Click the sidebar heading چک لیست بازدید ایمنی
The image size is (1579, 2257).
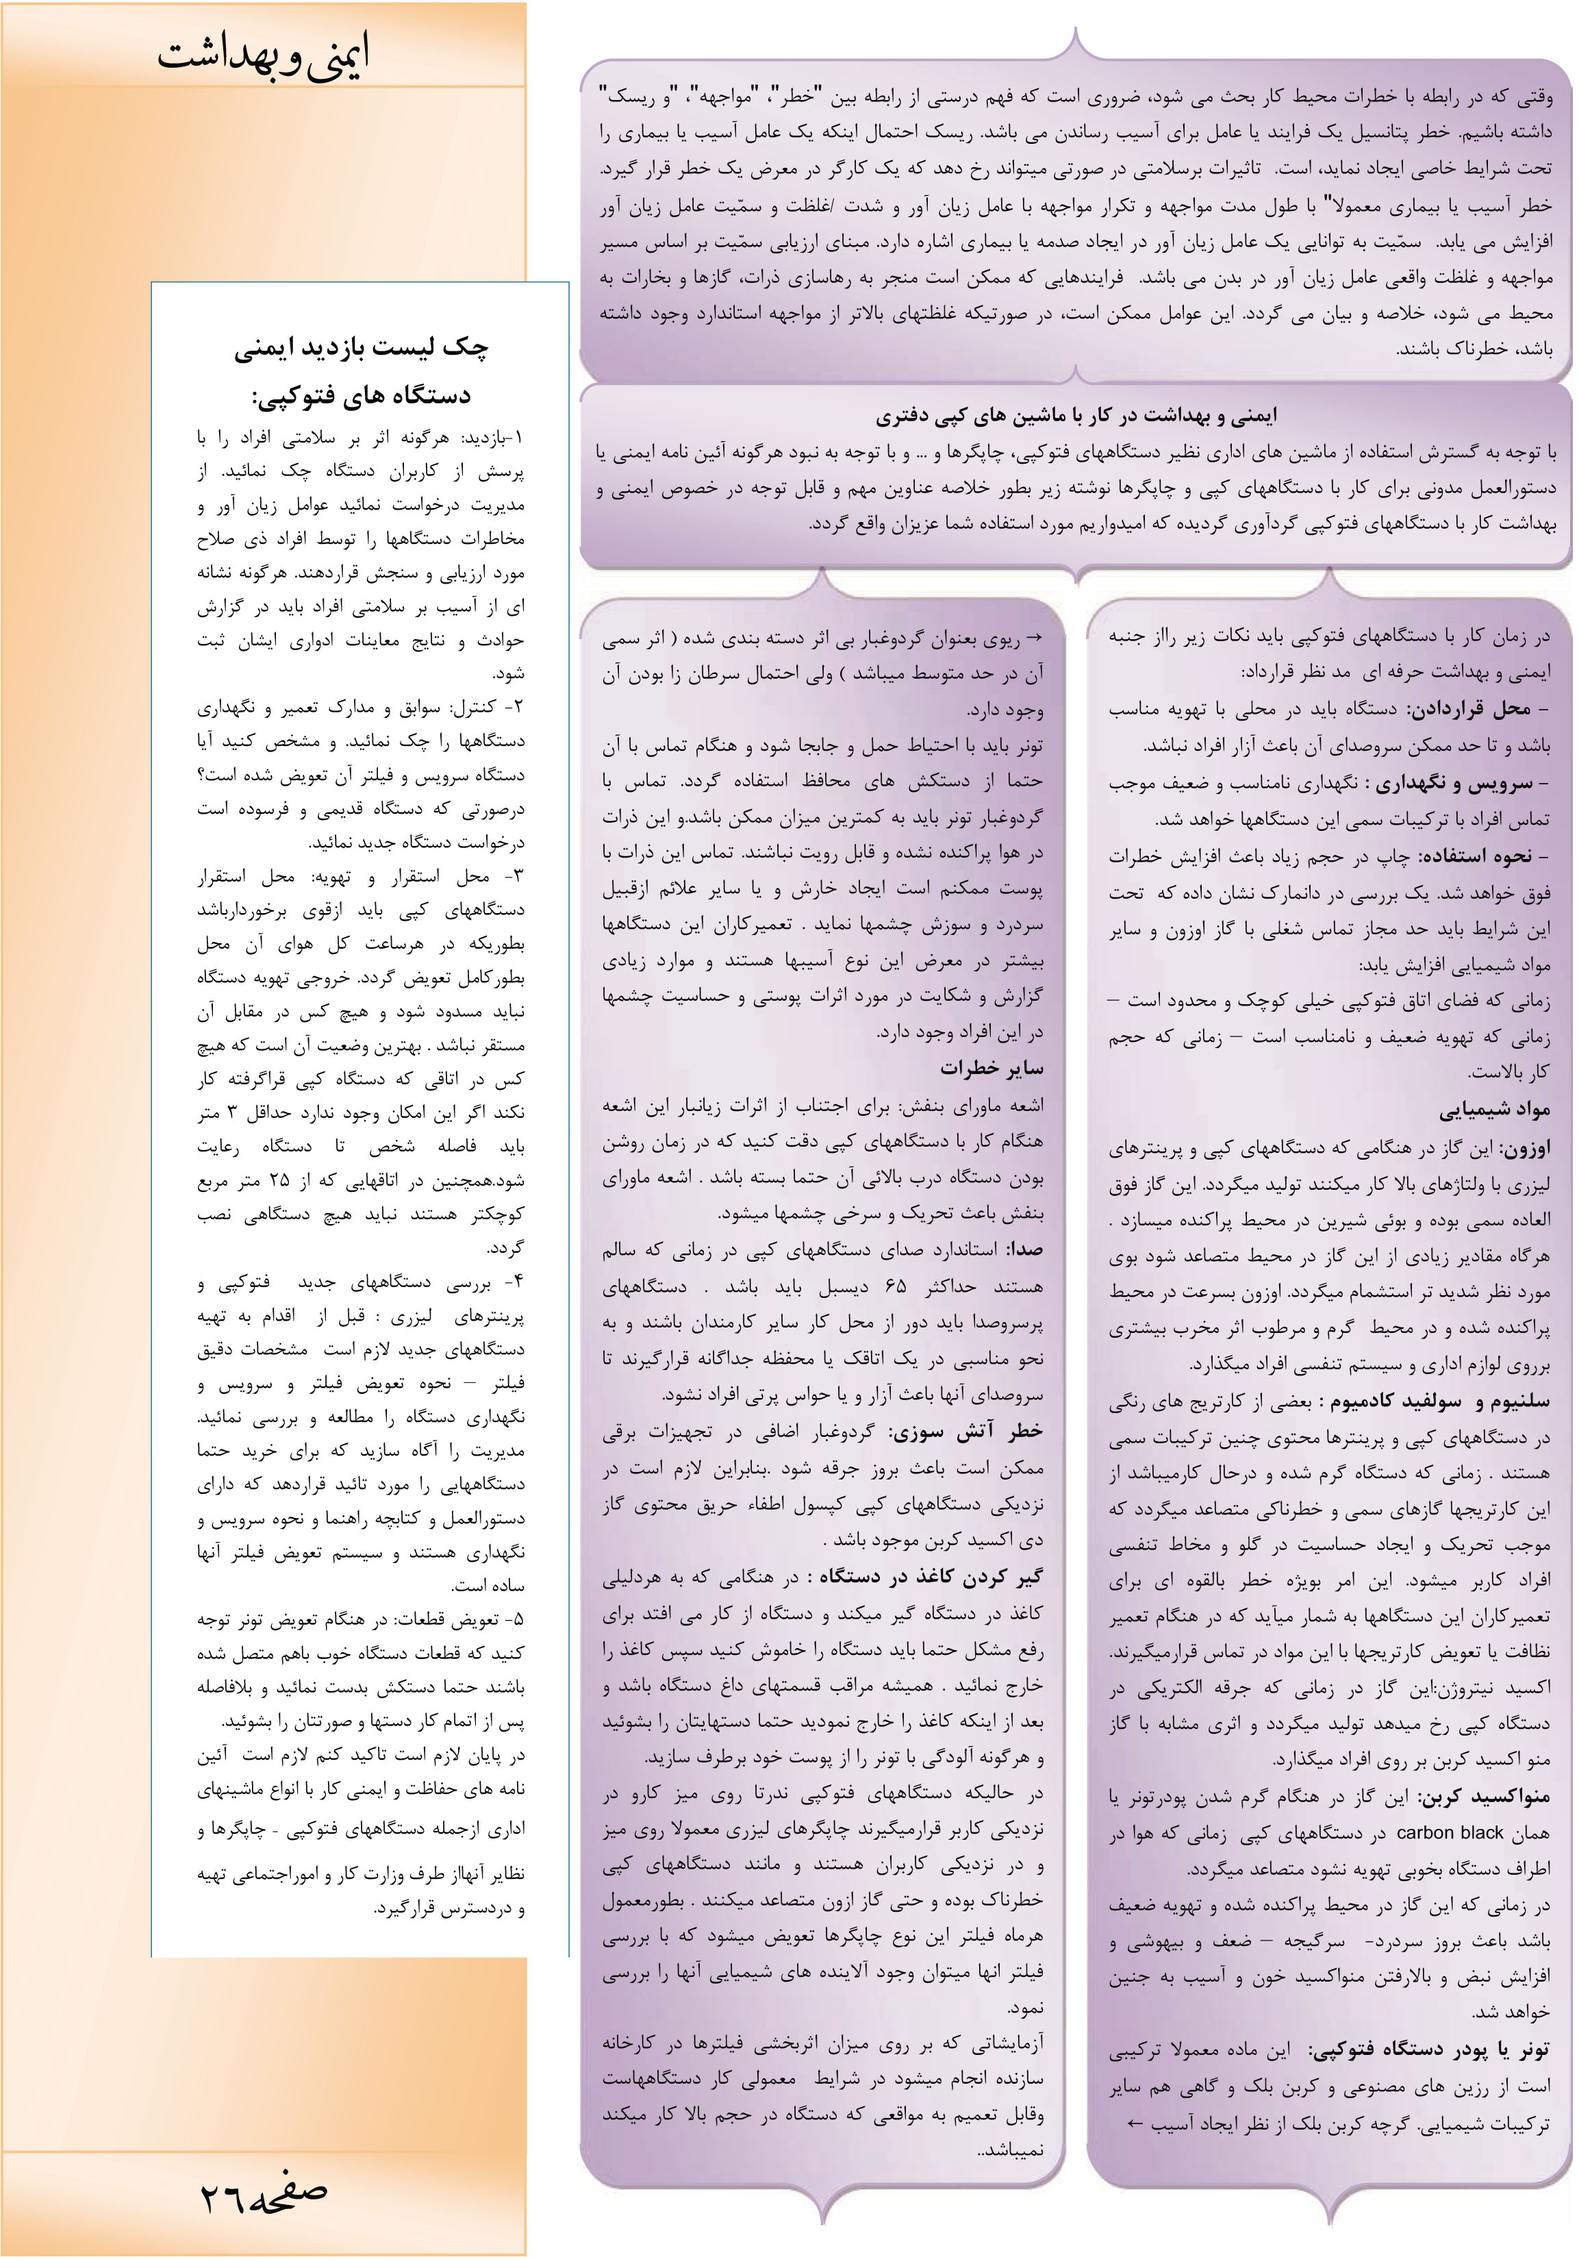[x=361, y=347]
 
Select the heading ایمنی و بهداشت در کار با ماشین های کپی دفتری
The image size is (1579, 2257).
[x=1076, y=416]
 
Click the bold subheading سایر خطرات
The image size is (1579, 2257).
[x=991, y=1069]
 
